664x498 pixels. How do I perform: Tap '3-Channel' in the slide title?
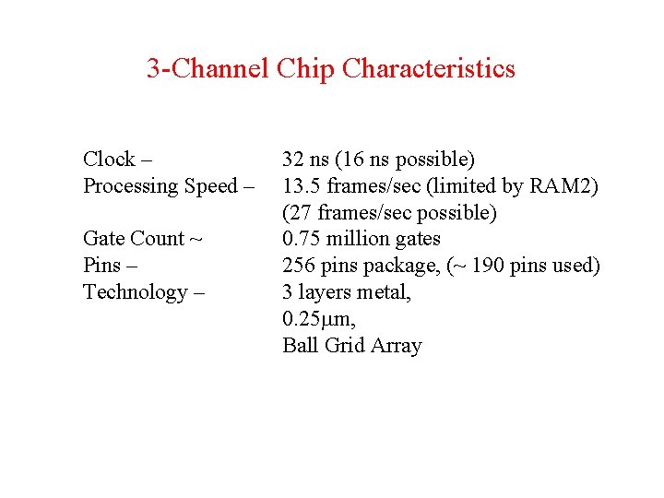click(x=207, y=68)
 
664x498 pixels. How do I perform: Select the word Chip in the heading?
click(x=305, y=69)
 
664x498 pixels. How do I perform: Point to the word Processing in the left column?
click(x=131, y=186)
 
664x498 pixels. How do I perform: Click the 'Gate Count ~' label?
click(x=143, y=239)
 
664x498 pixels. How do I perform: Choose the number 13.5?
click(x=300, y=186)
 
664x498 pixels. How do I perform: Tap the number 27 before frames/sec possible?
click(x=300, y=213)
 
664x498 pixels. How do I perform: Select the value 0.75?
click(x=302, y=239)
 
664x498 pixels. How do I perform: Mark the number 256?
click(x=299, y=266)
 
